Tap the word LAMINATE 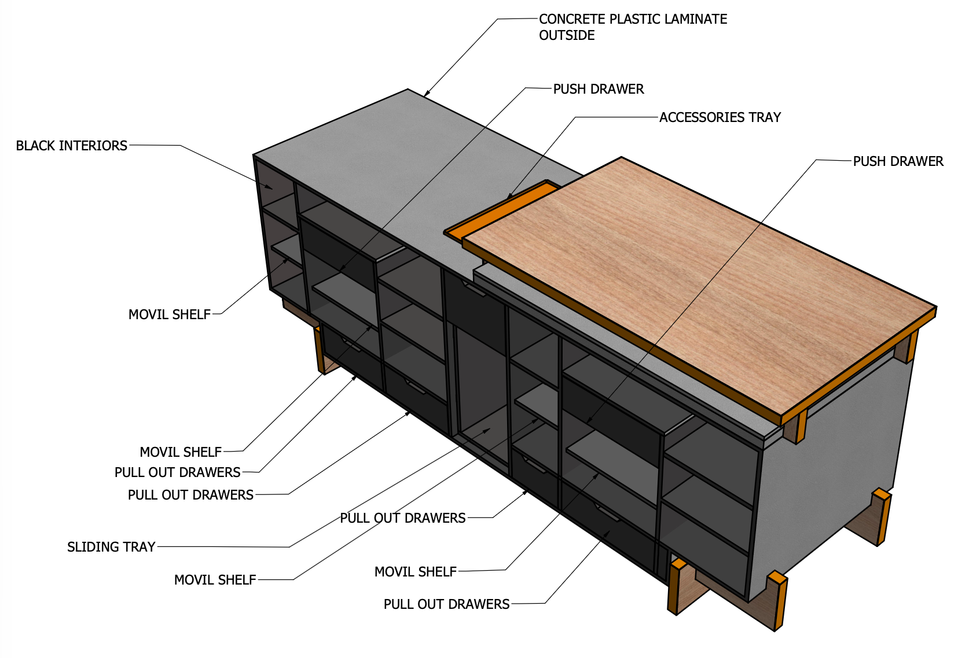click(x=696, y=19)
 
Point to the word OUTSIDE click(x=567, y=35)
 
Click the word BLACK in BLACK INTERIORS click(x=35, y=146)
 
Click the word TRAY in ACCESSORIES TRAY click(x=765, y=117)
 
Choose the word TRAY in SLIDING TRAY click(x=142, y=547)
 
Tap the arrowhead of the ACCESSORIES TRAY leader click(x=509, y=197)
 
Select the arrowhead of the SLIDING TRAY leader click(x=489, y=430)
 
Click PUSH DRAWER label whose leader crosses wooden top click(x=898, y=161)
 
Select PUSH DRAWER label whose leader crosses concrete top click(x=598, y=89)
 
